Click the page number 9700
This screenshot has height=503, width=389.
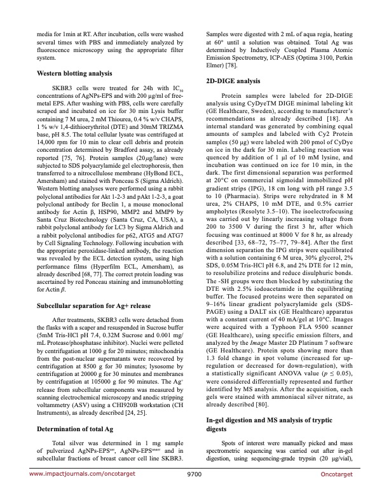click(194, 491)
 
